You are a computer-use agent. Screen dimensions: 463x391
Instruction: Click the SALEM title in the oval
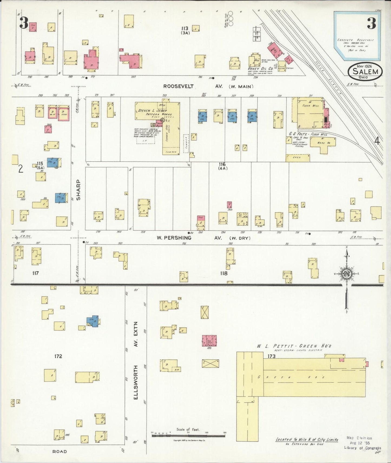[365, 71]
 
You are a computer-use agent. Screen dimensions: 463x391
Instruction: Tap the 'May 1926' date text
[364, 66]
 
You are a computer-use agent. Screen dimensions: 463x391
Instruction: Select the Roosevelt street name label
[178, 86]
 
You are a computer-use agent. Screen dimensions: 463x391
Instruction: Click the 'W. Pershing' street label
[174, 238]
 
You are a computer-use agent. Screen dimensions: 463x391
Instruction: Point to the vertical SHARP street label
[78, 190]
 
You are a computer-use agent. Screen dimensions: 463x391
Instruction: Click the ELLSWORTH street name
[136, 382]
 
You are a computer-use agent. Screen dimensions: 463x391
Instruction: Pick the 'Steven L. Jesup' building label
[153, 110]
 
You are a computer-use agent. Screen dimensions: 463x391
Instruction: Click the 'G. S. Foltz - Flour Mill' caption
[308, 134]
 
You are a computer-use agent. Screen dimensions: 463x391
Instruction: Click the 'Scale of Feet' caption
[188, 429]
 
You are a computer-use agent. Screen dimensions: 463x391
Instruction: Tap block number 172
[58, 356]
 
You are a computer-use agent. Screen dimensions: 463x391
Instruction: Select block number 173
[271, 356]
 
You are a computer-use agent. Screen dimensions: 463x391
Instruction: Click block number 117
[35, 273]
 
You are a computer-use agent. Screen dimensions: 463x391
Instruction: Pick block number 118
[224, 273]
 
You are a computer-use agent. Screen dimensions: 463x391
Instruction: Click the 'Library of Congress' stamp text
[362, 448]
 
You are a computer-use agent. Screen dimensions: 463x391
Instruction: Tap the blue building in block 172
[93, 321]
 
